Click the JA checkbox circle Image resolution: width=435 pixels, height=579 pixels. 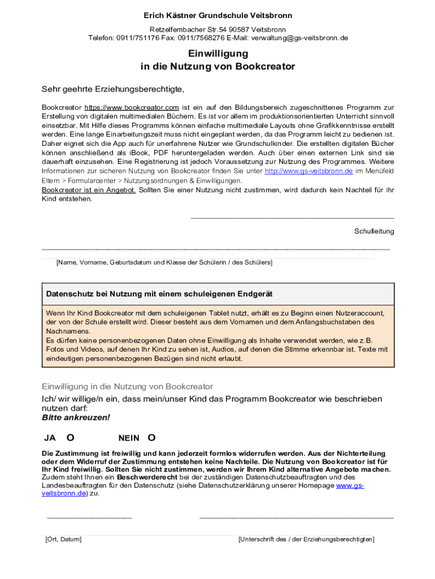pyautogui.click(x=71, y=437)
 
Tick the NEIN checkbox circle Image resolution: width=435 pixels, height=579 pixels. pyautogui.click(x=151, y=437)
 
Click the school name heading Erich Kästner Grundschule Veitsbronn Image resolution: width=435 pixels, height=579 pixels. pyautogui.click(x=217, y=15)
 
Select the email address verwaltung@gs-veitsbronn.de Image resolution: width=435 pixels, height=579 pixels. pyautogui.click(x=300, y=38)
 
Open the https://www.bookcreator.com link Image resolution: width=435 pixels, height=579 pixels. pyautogui.click(x=132, y=107)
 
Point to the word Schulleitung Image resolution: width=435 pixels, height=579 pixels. pyautogui.click(x=374, y=231)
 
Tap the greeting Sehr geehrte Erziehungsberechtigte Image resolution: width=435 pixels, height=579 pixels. pyautogui.click(x=113, y=89)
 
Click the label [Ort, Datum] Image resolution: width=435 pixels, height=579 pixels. pyautogui.click(x=63, y=539)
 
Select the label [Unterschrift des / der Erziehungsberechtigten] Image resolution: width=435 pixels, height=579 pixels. pyautogui.click(x=306, y=539)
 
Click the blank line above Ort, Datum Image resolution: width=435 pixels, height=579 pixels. pyautogui.click(x=89, y=517)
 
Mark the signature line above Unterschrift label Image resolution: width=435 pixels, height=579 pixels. pyautogui.click(x=296, y=517)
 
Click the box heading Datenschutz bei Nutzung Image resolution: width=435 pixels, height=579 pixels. pyautogui.click(x=159, y=294)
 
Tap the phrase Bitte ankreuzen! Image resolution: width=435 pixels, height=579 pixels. pyautogui.click(x=76, y=418)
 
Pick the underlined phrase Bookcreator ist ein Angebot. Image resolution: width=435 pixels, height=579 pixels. pyautogui.click(x=89, y=190)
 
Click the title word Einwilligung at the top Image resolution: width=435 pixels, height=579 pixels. pyautogui.click(x=218, y=54)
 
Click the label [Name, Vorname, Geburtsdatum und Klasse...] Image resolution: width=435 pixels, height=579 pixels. pyautogui.click(x=164, y=262)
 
